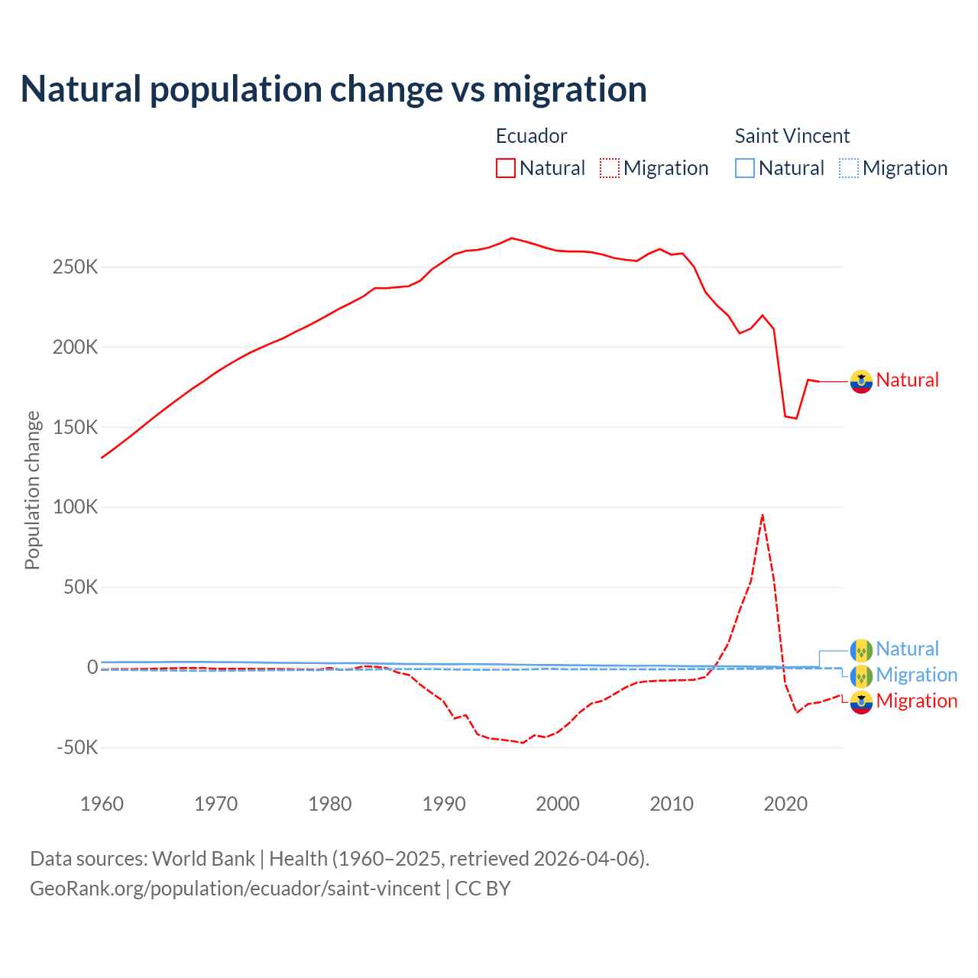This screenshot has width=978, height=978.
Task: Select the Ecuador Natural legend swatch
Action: (x=505, y=168)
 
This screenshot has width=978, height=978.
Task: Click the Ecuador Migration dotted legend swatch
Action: (x=610, y=168)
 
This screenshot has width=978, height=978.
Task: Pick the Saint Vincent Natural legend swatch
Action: (x=744, y=168)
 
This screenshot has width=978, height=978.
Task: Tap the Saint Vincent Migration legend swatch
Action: (x=849, y=168)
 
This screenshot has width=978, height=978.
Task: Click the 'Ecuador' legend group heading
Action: (x=531, y=136)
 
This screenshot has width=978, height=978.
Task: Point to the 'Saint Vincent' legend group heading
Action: (x=792, y=136)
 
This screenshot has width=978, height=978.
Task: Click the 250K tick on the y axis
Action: (x=76, y=267)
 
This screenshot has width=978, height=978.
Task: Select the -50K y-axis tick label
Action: (x=77, y=747)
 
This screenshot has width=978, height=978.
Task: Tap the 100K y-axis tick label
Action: (x=76, y=507)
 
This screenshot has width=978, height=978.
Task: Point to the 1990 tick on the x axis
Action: (x=444, y=804)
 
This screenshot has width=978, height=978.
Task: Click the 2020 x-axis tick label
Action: (x=785, y=804)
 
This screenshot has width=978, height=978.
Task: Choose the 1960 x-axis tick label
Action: (x=102, y=804)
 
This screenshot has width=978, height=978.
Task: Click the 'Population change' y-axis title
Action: (x=32, y=490)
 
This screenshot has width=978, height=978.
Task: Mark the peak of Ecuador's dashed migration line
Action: (x=763, y=516)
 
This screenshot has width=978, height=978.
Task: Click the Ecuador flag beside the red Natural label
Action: (x=861, y=381)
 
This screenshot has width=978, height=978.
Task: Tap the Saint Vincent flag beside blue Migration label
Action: (x=861, y=675)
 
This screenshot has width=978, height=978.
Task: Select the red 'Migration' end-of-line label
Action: (x=916, y=701)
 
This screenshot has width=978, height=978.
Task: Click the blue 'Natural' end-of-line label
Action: (x=907, y=649)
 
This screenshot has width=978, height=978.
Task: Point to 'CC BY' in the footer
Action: (x=482, y=889)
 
